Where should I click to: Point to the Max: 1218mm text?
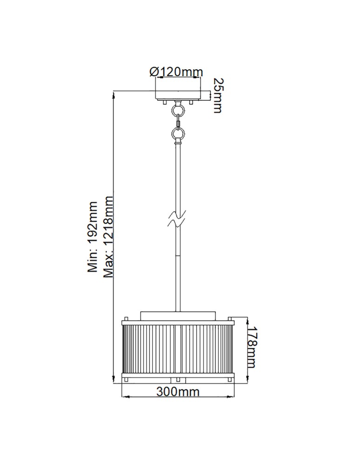tap(108, 237)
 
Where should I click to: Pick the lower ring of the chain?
tap(178, 135)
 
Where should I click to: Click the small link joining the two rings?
tap(178, 123)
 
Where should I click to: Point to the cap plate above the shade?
tap(178, 314)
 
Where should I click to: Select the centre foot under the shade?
tap(178, 380)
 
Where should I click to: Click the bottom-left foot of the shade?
tap(126, 380)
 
